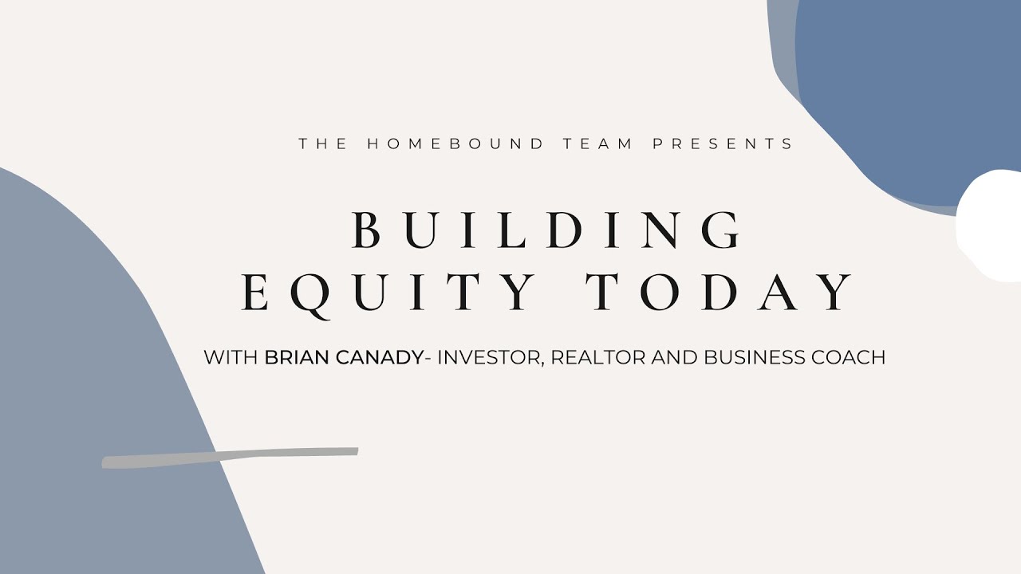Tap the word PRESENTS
pos(723,144)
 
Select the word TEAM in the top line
pos(598,144)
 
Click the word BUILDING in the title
pos(547,230)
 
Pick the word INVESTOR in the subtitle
pos(491,357)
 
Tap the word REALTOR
pos(598,357)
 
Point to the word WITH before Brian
pos(231,357)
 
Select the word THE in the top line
pos(323,144)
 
